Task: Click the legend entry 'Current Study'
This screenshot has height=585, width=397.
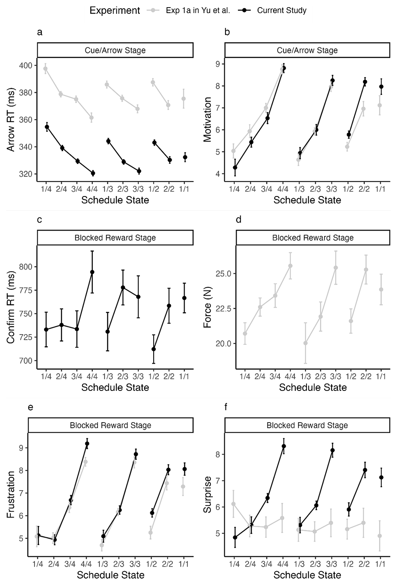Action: [x=281, y=10]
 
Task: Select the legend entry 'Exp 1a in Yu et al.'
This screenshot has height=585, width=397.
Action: [x=198, y=10]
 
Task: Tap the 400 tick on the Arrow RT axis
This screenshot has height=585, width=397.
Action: [x=26, y=65]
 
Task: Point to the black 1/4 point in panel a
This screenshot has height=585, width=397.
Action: [x=47, y=127]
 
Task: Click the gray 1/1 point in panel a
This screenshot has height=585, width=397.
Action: [x=183, y=99]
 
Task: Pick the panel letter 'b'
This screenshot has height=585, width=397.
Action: [x=227, y=32]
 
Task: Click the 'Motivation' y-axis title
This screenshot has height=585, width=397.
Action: [x=207, y=119]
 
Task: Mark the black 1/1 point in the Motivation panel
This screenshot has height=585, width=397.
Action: [x=382, y=87]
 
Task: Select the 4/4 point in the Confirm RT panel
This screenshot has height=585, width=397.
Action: [x=92, y=272]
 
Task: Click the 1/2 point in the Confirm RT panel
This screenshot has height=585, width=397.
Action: [x=154, y=349]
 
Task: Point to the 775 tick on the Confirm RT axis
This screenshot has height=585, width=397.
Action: [x=26, y=291]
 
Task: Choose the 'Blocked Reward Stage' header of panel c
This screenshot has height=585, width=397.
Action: [x=115, y=238]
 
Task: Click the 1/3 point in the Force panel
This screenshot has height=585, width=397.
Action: [x=305, y=343]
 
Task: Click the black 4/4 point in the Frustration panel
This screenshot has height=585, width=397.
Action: [x=87, y=443]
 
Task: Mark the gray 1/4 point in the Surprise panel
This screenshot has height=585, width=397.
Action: [x=233, y=504]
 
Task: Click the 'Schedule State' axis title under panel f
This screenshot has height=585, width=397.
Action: [x=307, y=575]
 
